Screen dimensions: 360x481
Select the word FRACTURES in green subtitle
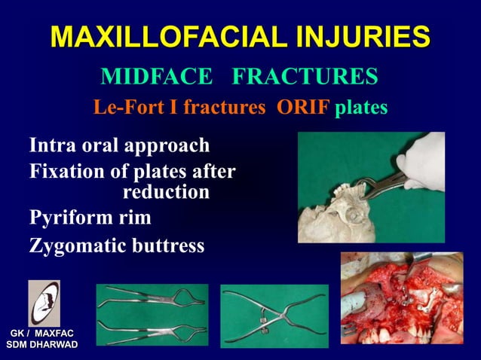tap(305, 77)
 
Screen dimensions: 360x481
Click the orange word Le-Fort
tap(125, 108)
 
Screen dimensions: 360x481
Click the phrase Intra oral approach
tap(119, 145)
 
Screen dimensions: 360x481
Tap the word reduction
tap(166, 192)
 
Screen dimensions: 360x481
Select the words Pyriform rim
tap(90, 218)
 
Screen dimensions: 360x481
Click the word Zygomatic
tap(80, 246)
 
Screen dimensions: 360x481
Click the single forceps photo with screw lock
tap(274, 316)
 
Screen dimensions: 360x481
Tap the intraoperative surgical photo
tap(401, 297)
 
